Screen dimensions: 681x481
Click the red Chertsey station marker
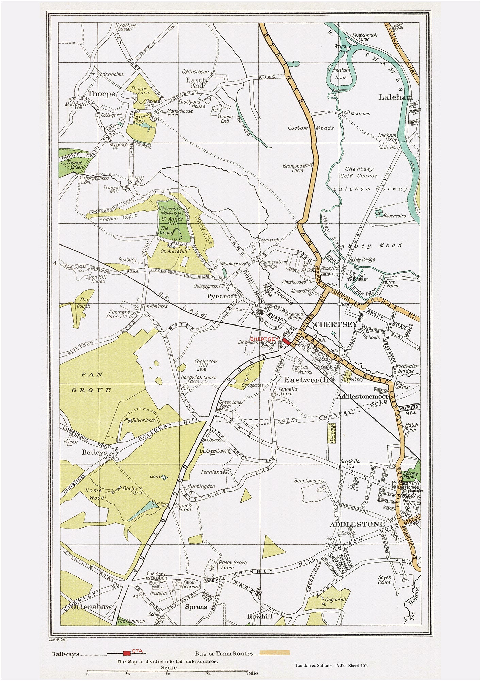click(x=286, y=340)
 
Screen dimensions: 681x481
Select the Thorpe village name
click(x=101, y=94)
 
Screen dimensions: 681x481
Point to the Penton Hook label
click(x=341, y=74)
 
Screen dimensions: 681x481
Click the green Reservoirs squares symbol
click(x=378, y=213)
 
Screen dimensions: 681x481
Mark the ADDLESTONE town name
click(x=357, y=524)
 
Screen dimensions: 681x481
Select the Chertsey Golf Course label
click(x=361, y=172)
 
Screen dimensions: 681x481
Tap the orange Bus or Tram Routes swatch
click(x=275, y=653)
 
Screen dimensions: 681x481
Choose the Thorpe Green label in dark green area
click(x=74, y=165)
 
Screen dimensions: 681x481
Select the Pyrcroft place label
click(x=222, y=296)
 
